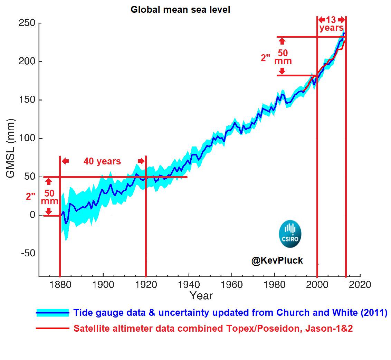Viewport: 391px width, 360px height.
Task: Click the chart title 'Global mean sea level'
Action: pos(180,10)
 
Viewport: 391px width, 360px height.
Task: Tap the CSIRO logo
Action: pos(290,235)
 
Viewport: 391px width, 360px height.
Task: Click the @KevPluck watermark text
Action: pos(277,261)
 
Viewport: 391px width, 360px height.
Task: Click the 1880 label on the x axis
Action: pos(60,285)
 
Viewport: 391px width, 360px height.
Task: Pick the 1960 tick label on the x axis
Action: pos(231,285)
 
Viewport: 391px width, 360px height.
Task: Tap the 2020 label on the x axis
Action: pos(360,285)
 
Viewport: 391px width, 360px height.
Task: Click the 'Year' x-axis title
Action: pos(201,296)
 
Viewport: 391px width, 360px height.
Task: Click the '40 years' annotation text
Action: pos(102,161)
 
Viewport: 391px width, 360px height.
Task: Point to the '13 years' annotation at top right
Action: pos(331,24)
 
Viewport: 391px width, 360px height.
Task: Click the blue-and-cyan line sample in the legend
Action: pos(53,313)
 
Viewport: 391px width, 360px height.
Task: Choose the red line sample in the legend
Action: pos(53,329)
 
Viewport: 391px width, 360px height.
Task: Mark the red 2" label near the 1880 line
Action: pos(30,196)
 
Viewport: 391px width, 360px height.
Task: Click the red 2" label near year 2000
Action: pos(265,58)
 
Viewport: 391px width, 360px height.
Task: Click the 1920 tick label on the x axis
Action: pos(146,285)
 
